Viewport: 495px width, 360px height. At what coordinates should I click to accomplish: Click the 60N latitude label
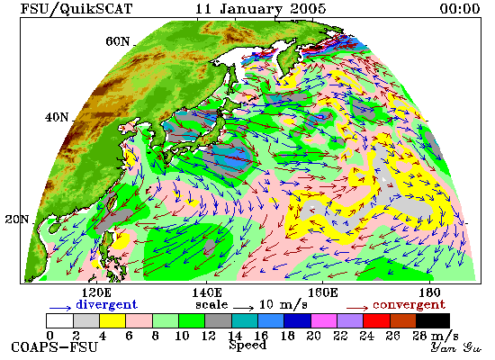coord(118,41)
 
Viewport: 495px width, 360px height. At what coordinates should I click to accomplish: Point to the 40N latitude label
coord(57,118)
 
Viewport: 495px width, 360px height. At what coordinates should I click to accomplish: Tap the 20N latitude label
coord(17,219)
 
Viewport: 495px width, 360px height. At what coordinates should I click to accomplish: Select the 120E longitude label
coord(96,293)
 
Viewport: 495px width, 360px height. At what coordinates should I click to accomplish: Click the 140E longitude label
coord(207,293)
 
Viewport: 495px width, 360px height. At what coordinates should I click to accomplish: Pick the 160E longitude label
coord(322,293)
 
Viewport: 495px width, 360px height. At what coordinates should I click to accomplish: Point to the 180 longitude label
coord(430,293)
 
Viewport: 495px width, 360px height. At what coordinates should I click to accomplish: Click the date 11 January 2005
coord(260,9)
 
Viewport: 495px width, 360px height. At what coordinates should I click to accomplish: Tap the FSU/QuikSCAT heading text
coord(76,9)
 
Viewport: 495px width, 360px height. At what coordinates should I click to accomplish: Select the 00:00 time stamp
coord(460,9)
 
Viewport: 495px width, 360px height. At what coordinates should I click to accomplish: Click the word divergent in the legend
coord(107,304)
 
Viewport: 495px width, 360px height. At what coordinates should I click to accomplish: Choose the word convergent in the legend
coord(409,305)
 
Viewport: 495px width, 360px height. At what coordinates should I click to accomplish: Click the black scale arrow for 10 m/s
coord(243,308)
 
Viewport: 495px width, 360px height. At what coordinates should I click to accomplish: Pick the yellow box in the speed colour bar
coord(112,320)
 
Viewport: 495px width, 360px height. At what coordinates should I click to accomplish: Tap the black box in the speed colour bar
coord(433,320)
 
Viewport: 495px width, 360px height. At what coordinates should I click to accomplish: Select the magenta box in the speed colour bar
coord(324,320)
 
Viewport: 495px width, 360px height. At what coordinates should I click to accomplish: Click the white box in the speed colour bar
coord(59,320)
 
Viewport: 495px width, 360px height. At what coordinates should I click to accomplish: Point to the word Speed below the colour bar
coord(247,346)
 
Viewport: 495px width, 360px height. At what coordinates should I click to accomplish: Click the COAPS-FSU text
coord(55,347)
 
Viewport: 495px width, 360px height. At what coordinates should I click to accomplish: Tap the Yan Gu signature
coord(456,347)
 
